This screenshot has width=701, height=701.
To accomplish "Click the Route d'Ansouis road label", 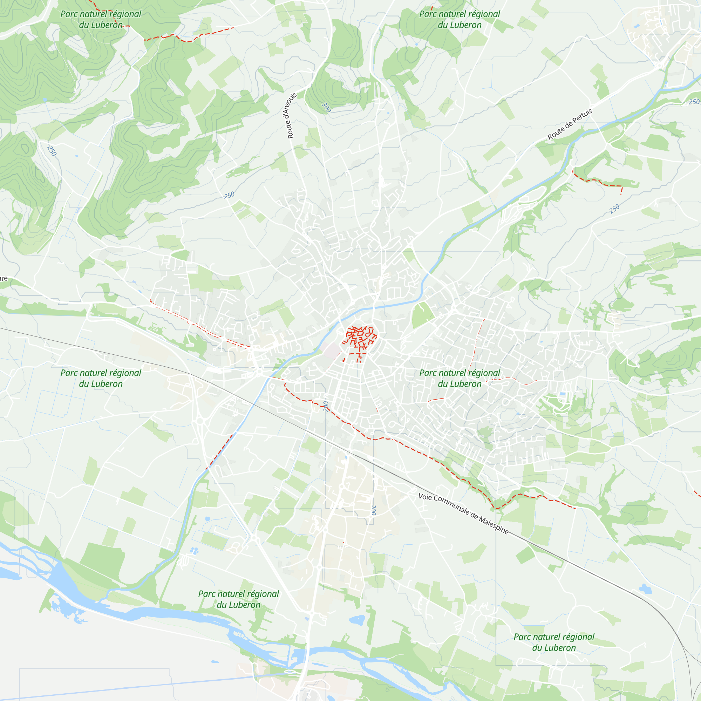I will tap(292, 115).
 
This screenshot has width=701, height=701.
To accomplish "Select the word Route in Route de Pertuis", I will tap(555, 133).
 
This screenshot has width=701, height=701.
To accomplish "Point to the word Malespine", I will tap(494, 525).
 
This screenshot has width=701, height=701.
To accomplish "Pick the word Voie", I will tap(425, 496).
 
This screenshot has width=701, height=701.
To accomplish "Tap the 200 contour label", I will tap(326, 406).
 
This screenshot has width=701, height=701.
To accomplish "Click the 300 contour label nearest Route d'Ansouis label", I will tap(326, 107).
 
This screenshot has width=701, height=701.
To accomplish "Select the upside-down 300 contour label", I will tap(374, 510).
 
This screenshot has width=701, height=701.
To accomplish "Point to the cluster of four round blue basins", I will tap(195, 551).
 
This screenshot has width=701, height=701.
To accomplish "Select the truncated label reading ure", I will tap(3, 279).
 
